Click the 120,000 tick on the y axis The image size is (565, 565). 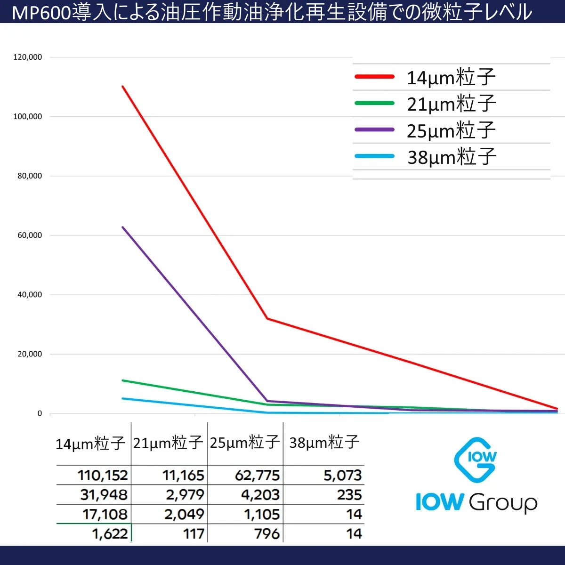pyautogui.click(x=28, y=57)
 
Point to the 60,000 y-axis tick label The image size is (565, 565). pyautogui.click(x=30, y=235)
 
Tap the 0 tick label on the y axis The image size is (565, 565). pyautogui.click(x=40, y=413)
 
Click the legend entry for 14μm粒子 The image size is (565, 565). pyautogui.click(x=451, y=77)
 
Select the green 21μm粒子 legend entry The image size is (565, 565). pyautogui.click(x=451, y=104)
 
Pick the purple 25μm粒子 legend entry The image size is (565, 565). pyautogui.click(x=451, y=130)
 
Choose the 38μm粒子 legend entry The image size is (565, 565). pyautogui.click(x=451, y=157)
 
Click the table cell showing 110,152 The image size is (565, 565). pyautogui.click(x=103, y=475)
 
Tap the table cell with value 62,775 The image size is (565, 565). pyautogui.click(x=257, y=475)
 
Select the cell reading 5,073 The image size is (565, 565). pyautogui.click(x=342, y=475)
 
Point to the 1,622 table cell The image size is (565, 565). pyautogui.click(x=110, y=533)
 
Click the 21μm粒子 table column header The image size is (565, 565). pyautogui.click(x=168, y=443)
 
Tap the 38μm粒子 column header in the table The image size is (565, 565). pyautogui.click(x=324, y=443)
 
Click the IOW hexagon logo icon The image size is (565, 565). pyautogui.click(x=476, y=460)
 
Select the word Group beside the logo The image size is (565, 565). pyautogui.click(x=503, y=502)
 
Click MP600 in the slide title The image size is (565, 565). pyautogui.click(x=41, y=12)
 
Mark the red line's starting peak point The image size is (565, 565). pyautogui.click(x=122, y=86)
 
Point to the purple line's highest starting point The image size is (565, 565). pyautogui.click(x=122, y=227)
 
